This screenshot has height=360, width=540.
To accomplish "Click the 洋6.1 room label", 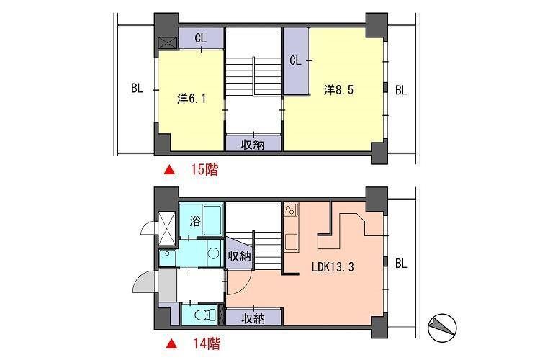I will tap(192, 99).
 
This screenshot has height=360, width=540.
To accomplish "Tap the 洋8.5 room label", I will tap(338, 90).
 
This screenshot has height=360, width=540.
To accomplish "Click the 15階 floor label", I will tap(204, 171).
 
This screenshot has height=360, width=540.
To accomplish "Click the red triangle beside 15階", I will tap(169, 171).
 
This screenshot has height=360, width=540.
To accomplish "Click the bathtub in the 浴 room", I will tap(212, 220).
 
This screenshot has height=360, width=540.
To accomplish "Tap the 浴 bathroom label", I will tap(194, 220).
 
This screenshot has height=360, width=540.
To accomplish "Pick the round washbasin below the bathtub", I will tap(212, 253).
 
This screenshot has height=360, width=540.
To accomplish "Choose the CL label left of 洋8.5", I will tap(295, 60).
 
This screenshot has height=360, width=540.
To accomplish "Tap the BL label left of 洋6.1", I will tap(137, 89).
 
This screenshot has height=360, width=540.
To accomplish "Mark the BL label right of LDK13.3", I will tap(401, 264).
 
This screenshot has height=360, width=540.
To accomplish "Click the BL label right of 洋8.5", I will tap(401, 90).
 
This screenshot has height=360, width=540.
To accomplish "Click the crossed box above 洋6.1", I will tap(166, 42).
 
